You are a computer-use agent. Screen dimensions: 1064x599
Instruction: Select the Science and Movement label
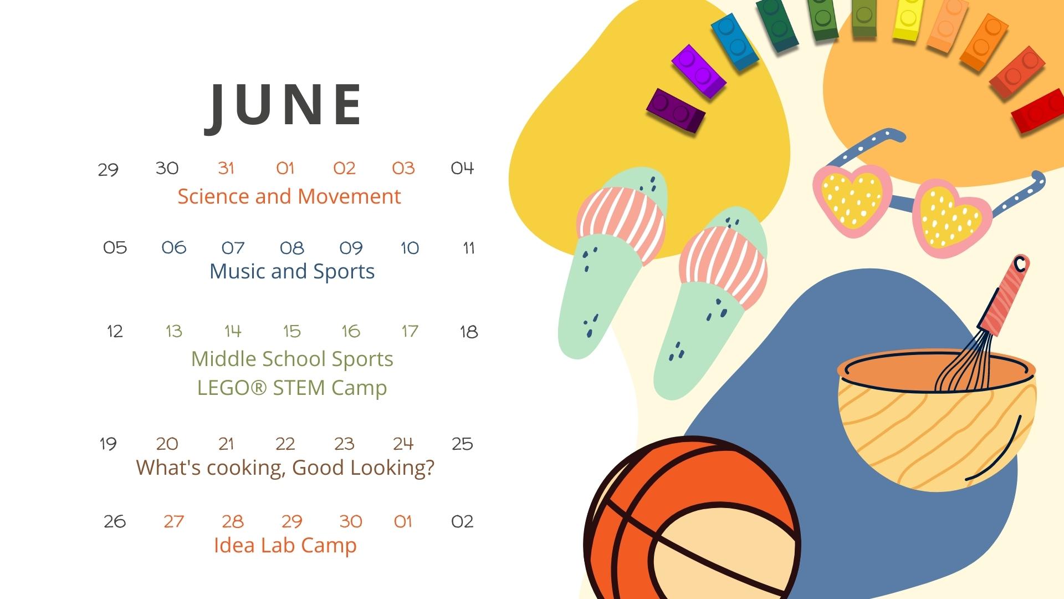[x=289, y=196]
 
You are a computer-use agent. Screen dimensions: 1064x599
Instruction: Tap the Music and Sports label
[x=292, y=271]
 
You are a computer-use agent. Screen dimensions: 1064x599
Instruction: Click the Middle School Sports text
[x=292, y=359]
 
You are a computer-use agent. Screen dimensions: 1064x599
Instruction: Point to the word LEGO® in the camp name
[x=232, y=388]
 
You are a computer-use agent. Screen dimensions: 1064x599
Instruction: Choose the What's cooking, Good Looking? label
[x=285, y=468]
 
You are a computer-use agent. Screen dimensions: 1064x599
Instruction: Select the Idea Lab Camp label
[x=285, y=545]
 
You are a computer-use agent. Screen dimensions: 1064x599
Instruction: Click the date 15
[x=292, y=331]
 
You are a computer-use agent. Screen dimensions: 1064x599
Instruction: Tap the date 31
[x=226, y=168]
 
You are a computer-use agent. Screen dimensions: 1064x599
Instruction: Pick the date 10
[x=410, y=248]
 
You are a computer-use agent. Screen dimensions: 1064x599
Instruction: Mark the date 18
[x=469, y=332]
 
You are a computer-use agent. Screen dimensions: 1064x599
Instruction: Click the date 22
[x=285, y=444]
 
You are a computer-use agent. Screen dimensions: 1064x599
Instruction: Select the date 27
[x=173, y=521]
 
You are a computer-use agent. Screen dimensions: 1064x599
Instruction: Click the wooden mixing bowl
[x=936, y=422]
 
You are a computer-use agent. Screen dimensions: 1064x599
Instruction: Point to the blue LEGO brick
[x=735, y=42]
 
